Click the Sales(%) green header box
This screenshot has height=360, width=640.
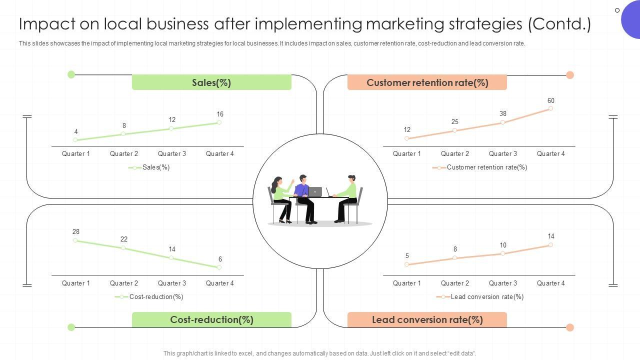211,82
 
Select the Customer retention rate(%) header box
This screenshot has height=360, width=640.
427,82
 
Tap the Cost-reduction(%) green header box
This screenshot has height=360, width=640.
211,319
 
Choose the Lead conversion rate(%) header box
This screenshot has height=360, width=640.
427,319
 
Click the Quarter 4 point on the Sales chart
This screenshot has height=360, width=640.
219,122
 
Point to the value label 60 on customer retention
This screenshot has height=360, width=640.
550,100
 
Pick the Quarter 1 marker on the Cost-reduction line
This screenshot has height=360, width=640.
75,240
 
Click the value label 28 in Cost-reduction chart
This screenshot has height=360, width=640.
76,231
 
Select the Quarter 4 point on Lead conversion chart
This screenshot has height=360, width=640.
550,245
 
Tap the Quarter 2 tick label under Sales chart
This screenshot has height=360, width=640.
124,153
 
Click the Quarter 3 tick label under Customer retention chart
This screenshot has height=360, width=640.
503,153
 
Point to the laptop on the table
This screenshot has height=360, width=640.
315,192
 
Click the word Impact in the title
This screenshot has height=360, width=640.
45,24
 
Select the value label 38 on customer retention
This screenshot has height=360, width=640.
503,113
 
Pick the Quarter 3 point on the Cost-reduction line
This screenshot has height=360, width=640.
171,258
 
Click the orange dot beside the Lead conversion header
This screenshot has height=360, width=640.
569,327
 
